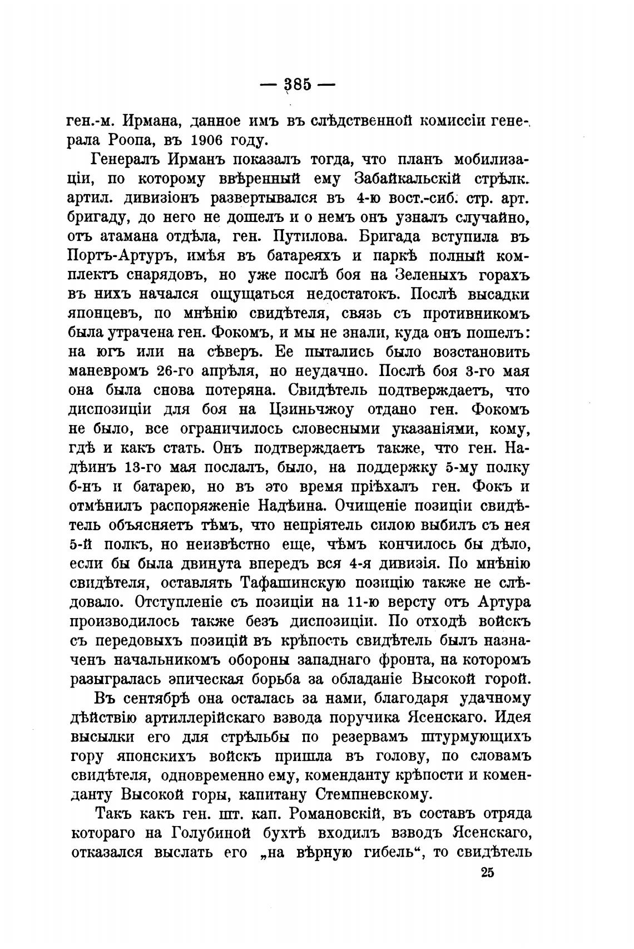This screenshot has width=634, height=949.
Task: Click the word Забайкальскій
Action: (x=409, y=179)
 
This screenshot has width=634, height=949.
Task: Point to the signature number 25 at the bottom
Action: (x=487, y=872)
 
